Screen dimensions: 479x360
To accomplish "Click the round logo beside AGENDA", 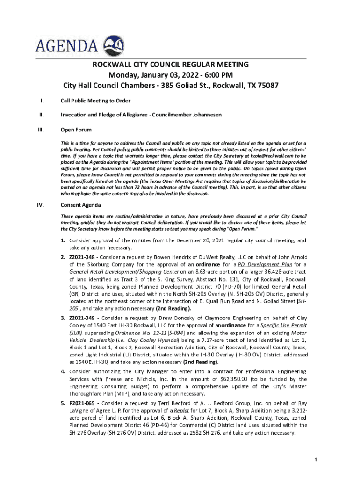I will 114,45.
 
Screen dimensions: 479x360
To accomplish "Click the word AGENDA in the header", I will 67,46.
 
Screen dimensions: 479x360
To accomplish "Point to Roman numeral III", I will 43,130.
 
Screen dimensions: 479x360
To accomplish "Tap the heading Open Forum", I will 76,130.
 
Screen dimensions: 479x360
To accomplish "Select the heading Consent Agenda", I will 80,205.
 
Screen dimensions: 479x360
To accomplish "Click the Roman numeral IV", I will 43,205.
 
